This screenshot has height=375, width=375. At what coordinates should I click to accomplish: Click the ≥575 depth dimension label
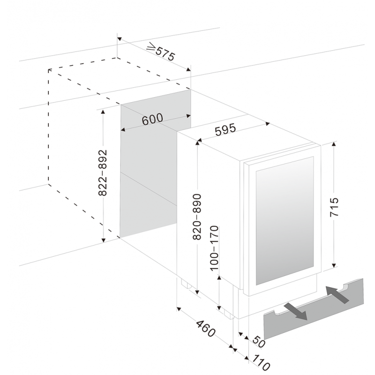click(x=161, y=52)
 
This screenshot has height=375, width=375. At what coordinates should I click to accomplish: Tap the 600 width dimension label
click(x=152, y=119)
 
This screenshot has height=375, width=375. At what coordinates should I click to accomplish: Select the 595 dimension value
click(x=225, y=130)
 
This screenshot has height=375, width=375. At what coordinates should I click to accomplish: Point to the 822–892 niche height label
click(x=103, y=172)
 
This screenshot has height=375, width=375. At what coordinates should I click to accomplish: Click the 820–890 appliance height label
click(x=197, y=217)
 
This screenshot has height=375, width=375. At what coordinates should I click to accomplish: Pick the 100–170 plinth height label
click(x=214, y=248)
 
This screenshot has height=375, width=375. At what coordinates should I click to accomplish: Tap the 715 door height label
click(x=334, y=207)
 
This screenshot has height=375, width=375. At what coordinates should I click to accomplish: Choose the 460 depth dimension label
click(x=206, y=329)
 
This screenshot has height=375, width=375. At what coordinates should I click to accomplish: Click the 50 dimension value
click(x=259, y=342)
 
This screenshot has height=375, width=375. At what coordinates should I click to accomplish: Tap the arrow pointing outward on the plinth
click(x=296, y=311)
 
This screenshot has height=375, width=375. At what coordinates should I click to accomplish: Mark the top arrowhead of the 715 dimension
click(x=334, y=144)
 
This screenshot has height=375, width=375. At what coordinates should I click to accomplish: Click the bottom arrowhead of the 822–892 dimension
click(x=103, y=240)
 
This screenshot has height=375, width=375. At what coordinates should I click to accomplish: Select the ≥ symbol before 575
click(x=151, y=46)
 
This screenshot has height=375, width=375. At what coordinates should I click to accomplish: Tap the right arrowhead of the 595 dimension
click(x=268, y=124)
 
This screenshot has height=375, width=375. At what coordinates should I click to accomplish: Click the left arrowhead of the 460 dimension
click(x=179, y=309)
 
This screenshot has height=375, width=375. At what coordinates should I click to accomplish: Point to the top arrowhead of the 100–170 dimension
click(x=219, y=277)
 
